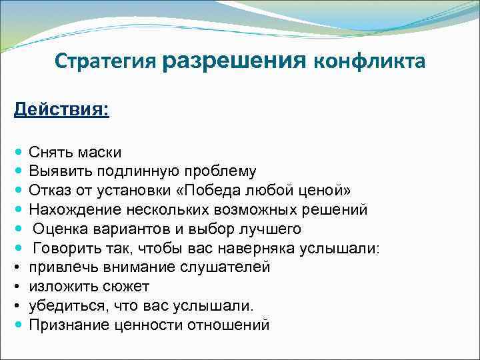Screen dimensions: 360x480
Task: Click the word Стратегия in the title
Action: (106, 62)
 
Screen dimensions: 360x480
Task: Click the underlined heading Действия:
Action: (61, 108)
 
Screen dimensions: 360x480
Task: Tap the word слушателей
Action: (225, 267)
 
